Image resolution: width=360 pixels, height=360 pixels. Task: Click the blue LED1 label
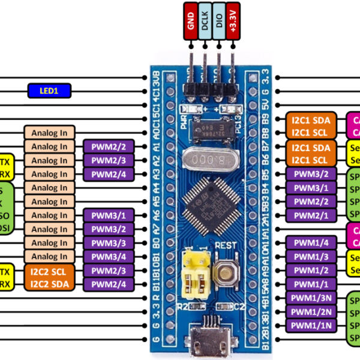click(x=49, y=91)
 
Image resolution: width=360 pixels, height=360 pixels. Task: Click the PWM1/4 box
click(x=311, y=243)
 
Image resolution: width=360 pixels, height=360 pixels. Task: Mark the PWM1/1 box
click(x=311, y=284)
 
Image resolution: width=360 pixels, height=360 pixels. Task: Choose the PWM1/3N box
click(x=311, y=298)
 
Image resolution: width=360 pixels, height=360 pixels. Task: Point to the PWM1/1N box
click(x=311, y=325)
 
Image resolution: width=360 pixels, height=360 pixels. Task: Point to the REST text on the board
click(x=225, y=245)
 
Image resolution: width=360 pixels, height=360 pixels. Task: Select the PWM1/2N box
click(x=311, y=311)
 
